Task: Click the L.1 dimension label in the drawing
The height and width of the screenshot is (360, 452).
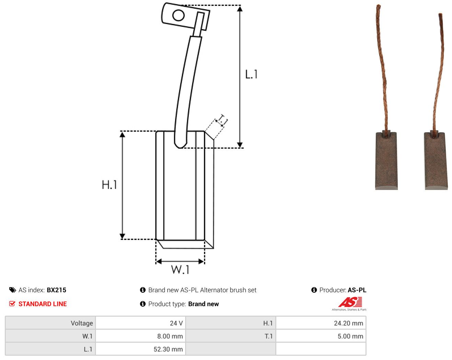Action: (251, 74)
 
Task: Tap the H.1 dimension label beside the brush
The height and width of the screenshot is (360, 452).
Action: (109, 184)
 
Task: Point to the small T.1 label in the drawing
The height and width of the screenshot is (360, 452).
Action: (223, 120)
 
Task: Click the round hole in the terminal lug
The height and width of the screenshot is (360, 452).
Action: (178, 15)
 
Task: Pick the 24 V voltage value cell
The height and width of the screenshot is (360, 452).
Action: (140, 323)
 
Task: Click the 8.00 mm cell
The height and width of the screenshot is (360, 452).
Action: (140, 336)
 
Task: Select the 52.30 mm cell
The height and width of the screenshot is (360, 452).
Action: (140, 349)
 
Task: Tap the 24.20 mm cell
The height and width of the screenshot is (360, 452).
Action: (321, 323)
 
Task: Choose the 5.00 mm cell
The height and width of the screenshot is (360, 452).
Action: (321, 336)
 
